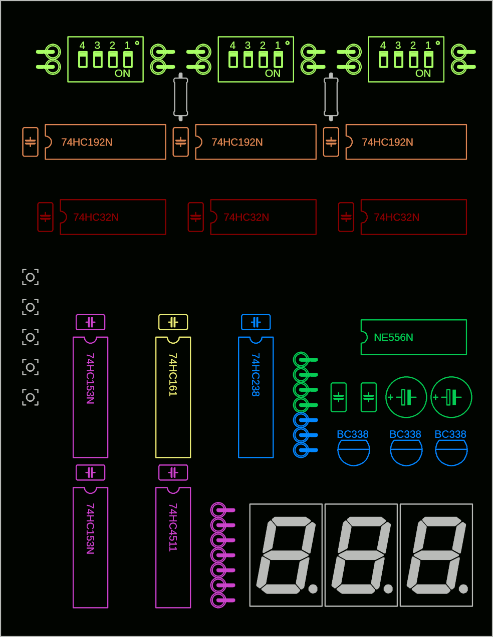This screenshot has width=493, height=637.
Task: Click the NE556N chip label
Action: point(393,338)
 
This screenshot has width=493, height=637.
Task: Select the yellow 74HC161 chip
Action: point(173,397)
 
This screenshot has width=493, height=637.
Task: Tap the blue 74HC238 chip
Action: point(256,397)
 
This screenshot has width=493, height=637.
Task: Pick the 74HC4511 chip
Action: point(173,547)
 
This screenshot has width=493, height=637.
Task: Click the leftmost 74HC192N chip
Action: point(105,142)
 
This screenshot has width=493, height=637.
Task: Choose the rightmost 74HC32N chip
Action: point(413,217)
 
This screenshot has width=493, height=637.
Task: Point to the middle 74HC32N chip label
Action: point(246,217)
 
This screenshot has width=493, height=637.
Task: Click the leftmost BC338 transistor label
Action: point(352,434)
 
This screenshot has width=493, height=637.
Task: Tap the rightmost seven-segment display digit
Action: point(436,555)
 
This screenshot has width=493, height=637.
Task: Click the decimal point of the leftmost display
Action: point(313,589)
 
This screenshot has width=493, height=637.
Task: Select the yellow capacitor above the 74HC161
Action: point(173,322)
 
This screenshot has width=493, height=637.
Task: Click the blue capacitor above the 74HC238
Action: point(256,322)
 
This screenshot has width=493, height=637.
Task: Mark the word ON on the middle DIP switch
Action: point(273,74)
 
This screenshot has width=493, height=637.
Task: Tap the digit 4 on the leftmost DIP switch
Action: point(82,46)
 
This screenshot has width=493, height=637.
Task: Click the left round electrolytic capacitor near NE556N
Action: point(406,397)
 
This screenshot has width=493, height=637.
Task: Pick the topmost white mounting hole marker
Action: point(30,277)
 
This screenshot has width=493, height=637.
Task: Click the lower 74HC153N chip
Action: point(90,547)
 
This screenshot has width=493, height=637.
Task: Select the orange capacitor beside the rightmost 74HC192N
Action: point(331,142)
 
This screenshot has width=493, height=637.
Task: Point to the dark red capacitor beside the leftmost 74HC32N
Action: point(45,217)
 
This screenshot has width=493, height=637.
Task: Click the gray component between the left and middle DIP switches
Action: point(180,97)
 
